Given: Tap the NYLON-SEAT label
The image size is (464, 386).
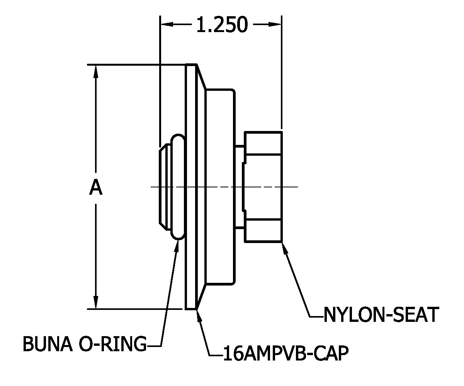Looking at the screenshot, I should click(381, 315).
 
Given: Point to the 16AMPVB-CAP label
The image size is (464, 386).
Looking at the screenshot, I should click(286, 353).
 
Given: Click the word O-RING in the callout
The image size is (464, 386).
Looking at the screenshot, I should click(112, 344).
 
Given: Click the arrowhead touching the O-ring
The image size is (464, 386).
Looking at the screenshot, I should click(177, 245).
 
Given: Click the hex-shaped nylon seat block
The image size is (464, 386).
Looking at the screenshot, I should click(263, 187).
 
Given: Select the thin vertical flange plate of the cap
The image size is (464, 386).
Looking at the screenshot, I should click(190, 186).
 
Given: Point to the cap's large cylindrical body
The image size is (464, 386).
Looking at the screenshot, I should click(219, 187).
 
